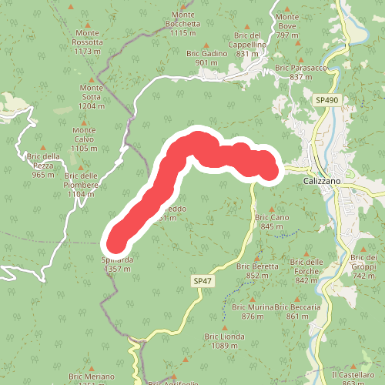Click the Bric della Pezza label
43,165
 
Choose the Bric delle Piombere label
82,189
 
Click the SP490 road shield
326,101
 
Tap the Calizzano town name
323,180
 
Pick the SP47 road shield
203,282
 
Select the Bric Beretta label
262,270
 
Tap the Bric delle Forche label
306,271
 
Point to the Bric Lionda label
224,341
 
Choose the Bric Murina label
253,311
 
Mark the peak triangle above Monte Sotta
92,79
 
